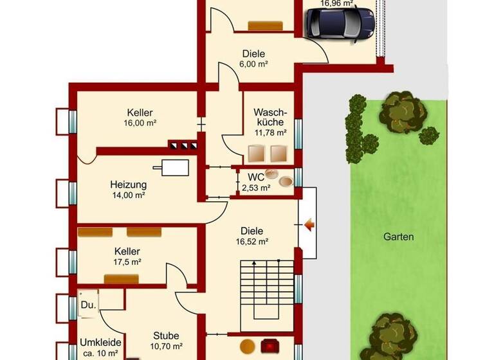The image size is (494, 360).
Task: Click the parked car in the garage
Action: [x=340, y=23]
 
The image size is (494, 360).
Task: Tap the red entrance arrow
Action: [x=308, y=224]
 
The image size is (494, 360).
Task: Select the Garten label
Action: [x=398, y=237]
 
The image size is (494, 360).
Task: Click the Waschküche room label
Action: [x=270, y=116]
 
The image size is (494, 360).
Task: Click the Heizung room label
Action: [x=129, y=184]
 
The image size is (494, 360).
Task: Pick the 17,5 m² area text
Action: [x=127, y=262]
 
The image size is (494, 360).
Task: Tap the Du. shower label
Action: [x=88, y=305]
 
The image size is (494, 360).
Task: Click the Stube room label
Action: [x=166, y=336]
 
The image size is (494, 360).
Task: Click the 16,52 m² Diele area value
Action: [x=252, y=242]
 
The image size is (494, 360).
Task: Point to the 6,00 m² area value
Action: [x=254, y=65]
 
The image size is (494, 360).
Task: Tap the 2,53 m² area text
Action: [x=256, y=188]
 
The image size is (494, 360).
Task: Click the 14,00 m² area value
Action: [x=129, y=195]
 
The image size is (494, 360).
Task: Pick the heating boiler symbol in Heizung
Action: [x=175, y=167]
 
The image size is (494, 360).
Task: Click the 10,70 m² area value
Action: [x=166, y=347]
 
